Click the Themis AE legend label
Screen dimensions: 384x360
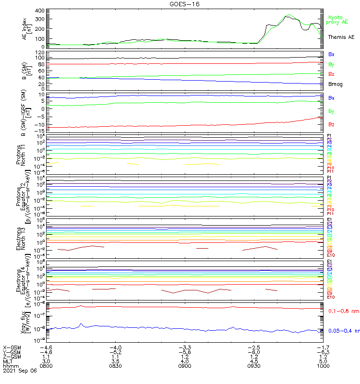[341, 37]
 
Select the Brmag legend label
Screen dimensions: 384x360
[336, 84]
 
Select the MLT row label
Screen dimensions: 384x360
[8, 361]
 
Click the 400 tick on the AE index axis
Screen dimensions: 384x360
[40, 11]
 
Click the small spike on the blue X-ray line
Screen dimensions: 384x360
[82, 324]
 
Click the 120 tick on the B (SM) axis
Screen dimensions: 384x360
[40, 52]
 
